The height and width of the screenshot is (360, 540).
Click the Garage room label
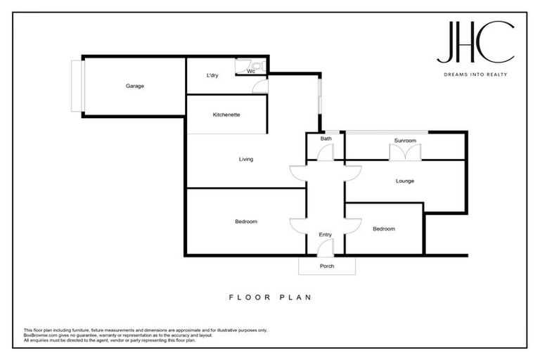coord(135,86)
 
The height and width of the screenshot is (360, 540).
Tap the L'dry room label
coord(212,75)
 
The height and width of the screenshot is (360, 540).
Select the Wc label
coord(250,71)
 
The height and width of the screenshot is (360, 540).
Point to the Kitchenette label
coord(226,115)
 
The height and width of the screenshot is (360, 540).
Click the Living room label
coord(245,160)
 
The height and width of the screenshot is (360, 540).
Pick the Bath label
coord(326,139)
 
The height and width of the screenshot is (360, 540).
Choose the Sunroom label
coord(405,141)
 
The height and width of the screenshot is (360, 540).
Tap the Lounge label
coord(404,181)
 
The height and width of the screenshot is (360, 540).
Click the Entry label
coord(325,235)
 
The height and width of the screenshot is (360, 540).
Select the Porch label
coord(327,266)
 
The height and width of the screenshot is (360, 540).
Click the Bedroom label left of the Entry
coord(246,221)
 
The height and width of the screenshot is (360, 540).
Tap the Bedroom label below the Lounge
coord(384,229)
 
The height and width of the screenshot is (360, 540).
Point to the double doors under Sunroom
coord(405,153)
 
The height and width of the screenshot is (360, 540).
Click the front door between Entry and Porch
coord(325,247)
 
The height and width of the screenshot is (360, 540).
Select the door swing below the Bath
coord(326,153)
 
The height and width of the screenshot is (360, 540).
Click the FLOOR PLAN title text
coord(270,297)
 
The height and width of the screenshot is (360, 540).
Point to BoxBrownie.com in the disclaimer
coord(41,335)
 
